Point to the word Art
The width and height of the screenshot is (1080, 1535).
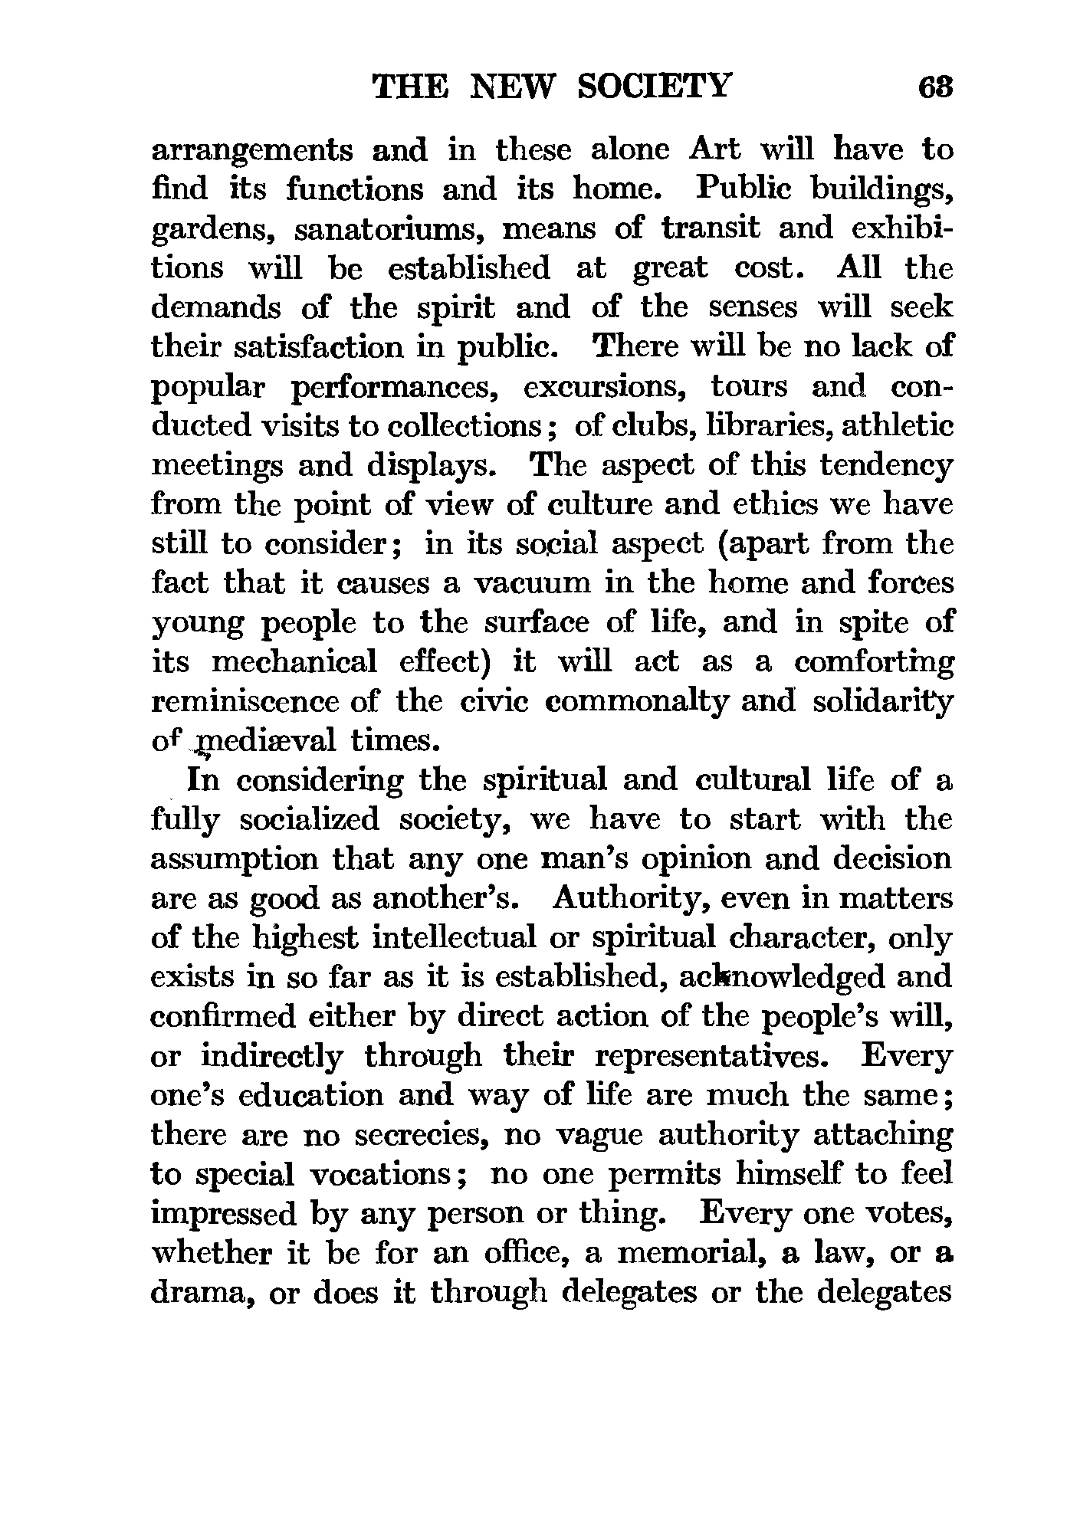point(714,149)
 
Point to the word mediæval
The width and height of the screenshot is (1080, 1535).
point(265,741)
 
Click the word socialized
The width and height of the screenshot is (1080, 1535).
point(309,821)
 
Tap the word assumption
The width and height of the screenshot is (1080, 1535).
point(235,860)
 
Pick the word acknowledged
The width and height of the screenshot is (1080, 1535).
point(753,978)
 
